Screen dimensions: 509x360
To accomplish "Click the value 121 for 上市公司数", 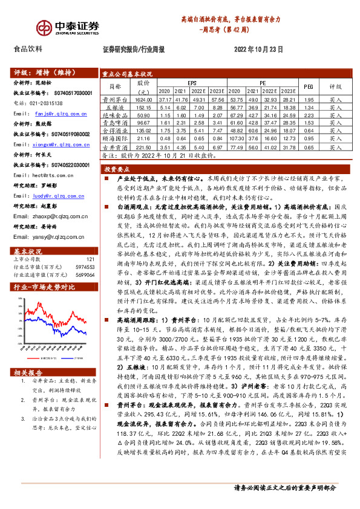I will tap(90, 242).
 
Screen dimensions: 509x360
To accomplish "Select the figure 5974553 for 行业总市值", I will tap(84, 250).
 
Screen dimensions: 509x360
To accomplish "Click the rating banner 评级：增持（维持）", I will tap(39, 70).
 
